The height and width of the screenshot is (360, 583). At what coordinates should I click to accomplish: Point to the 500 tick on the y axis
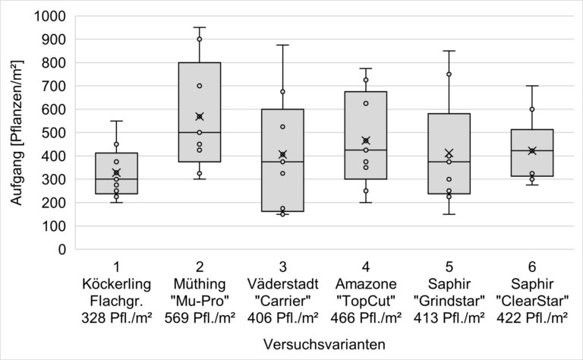coord(57,132)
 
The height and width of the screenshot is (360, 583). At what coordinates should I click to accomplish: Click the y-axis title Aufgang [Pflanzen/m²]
coord(17,132)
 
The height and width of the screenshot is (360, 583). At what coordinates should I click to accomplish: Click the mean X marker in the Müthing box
coord(200,116)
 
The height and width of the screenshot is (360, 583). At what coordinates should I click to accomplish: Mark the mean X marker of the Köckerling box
coord(116,172)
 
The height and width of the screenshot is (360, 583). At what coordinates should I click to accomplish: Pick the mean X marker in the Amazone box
coord(366,141)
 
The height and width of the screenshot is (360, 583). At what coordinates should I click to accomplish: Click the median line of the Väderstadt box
coord(282,162)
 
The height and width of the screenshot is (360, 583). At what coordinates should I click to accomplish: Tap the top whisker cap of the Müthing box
coord(200,27)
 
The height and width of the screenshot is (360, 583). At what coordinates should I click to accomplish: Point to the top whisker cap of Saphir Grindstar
coord(449,51)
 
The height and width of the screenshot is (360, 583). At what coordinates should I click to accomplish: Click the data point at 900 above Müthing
coord(200,39)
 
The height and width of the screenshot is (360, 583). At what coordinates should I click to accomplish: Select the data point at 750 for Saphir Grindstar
coord(449,74)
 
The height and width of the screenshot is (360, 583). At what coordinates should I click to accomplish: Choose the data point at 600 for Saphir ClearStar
coord(532,109)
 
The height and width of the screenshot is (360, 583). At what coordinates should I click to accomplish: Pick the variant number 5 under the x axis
coord(449,267)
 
